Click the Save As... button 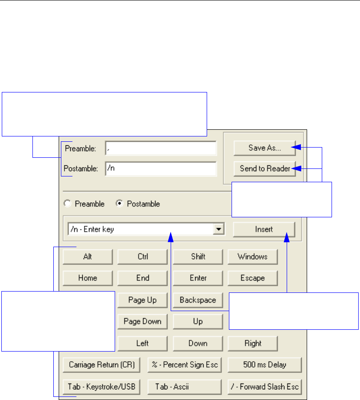pos(264,148)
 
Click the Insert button pos(264,230)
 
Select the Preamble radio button pos(68,204)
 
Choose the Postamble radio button pos(119,204)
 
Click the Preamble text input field pos(160,148)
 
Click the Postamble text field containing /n pos(160,169)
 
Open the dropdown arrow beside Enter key pos(218,230)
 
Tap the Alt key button pos(88,256)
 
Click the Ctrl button pos(143,256)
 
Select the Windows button pos(252,256)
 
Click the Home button pos(88,278)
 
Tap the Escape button pos(252,278)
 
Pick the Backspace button pos(198,300)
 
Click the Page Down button pos(143,321)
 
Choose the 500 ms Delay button pos(264,365)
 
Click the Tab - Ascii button pos(184,387)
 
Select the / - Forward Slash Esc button pos(264,387)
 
